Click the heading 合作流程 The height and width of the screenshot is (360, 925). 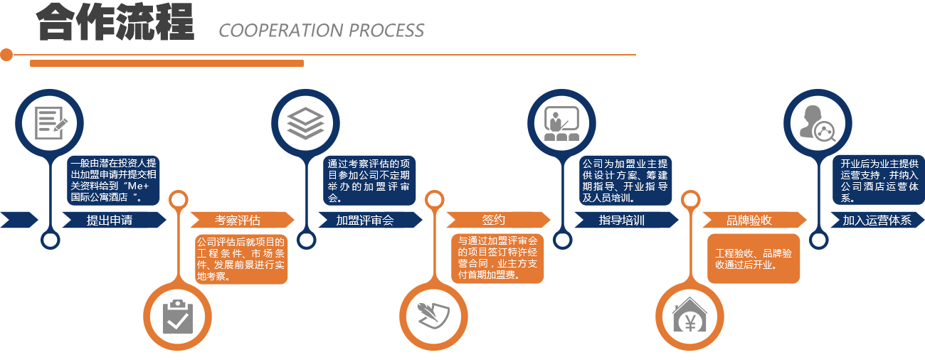(115, 23)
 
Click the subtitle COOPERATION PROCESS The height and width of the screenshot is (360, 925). (322, 31)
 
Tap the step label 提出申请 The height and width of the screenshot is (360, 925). (110, 220)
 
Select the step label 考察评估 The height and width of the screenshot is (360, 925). (238, 220)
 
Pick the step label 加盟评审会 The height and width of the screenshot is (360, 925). (365, 220)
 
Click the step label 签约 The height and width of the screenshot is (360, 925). (493, 220)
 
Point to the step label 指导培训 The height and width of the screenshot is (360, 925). (621, 220)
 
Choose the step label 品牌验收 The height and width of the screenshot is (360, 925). (749, 220)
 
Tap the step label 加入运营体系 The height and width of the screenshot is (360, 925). (877, 220)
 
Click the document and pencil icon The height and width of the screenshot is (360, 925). (50, 122)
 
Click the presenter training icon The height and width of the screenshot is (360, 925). (561, 122)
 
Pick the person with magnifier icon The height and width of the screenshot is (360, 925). (817, 122)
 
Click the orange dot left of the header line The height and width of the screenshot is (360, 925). (6, 55)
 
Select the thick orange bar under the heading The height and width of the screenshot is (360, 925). (166, 63)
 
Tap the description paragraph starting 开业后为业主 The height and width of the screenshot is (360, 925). (879, 180)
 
